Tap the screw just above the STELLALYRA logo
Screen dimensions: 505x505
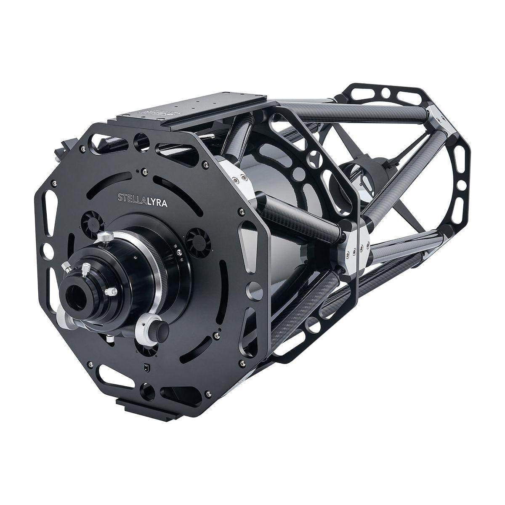click(144, 170)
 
